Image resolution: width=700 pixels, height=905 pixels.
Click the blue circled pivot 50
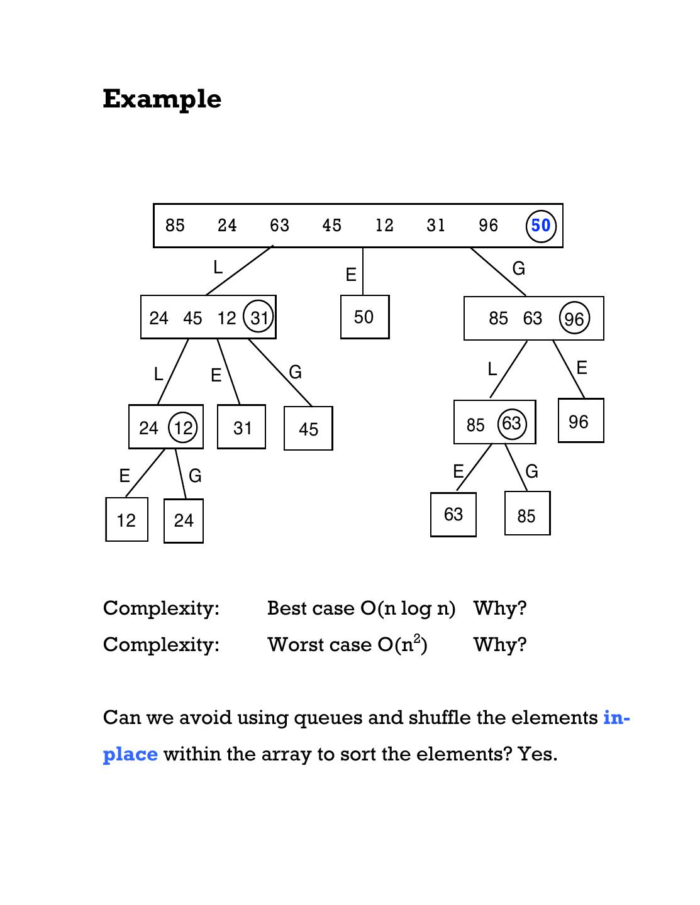pyautogui.click(x=541, y=226)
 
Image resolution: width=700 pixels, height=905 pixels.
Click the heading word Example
pyautogui.click(x=162, y=99)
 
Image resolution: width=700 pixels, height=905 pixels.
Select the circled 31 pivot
pyautogui.click(x=258, y=317)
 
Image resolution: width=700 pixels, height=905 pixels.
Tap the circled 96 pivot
pyautogui.click(x=574, y=319)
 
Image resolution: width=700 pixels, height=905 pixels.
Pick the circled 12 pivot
pyautogui.click(x=183, y=429)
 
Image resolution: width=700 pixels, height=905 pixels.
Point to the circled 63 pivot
pyautogui.click(x=511, y=424)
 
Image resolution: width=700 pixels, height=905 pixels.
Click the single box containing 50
pyautogui.click(x=364, y=317)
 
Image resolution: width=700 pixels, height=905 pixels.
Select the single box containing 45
pyautogui.click(x=308, y=429)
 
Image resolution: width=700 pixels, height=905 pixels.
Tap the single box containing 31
pyautogui.click(x=242, y=427)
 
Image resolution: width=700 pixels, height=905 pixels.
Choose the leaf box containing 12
pyautogui.click(x=126, y=520)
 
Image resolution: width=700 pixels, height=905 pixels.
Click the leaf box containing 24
pyautogui.click(x=184, y=520)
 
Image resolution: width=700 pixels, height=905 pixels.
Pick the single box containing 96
pyautogui.click(x=580, y=421)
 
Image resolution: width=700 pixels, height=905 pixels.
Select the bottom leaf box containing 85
pyautogui.click(x=527, y=515)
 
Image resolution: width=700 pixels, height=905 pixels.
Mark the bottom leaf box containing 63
pyautogui.click(x=453, y=515)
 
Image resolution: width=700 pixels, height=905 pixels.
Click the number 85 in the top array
pyautogui.click(x=175, y=226)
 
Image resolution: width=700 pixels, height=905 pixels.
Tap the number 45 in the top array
pyautogui.click(x=331, y=226)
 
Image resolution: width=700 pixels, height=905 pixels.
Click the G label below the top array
pyautogui.click(x=518, y=269)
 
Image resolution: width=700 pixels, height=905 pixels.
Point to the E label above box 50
pyautogui.click(x=350, y=275)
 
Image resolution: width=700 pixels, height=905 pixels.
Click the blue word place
pyautogui.click(x=130, y=754)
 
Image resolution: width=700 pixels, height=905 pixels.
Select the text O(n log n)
pyautogui.click(x=408, y=608)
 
